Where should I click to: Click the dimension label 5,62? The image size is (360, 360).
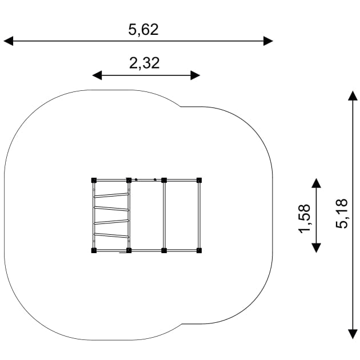tap(143, 30)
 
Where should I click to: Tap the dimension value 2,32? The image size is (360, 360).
tap(145, 63)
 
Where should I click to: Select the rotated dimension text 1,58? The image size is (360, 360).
tap(305, 218)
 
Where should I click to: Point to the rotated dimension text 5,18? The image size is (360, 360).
tap(342, 214)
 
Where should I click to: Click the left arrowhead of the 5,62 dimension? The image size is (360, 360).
tap(9, 41)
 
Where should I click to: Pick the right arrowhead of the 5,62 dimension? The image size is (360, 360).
tap(268, 41)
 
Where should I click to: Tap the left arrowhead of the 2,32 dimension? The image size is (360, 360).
tap(97, 75)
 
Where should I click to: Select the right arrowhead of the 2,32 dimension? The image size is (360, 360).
tap(195, 75)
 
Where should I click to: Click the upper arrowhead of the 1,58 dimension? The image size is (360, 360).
tap(317, 183)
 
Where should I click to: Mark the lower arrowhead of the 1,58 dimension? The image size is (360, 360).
tap(317, 248)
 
